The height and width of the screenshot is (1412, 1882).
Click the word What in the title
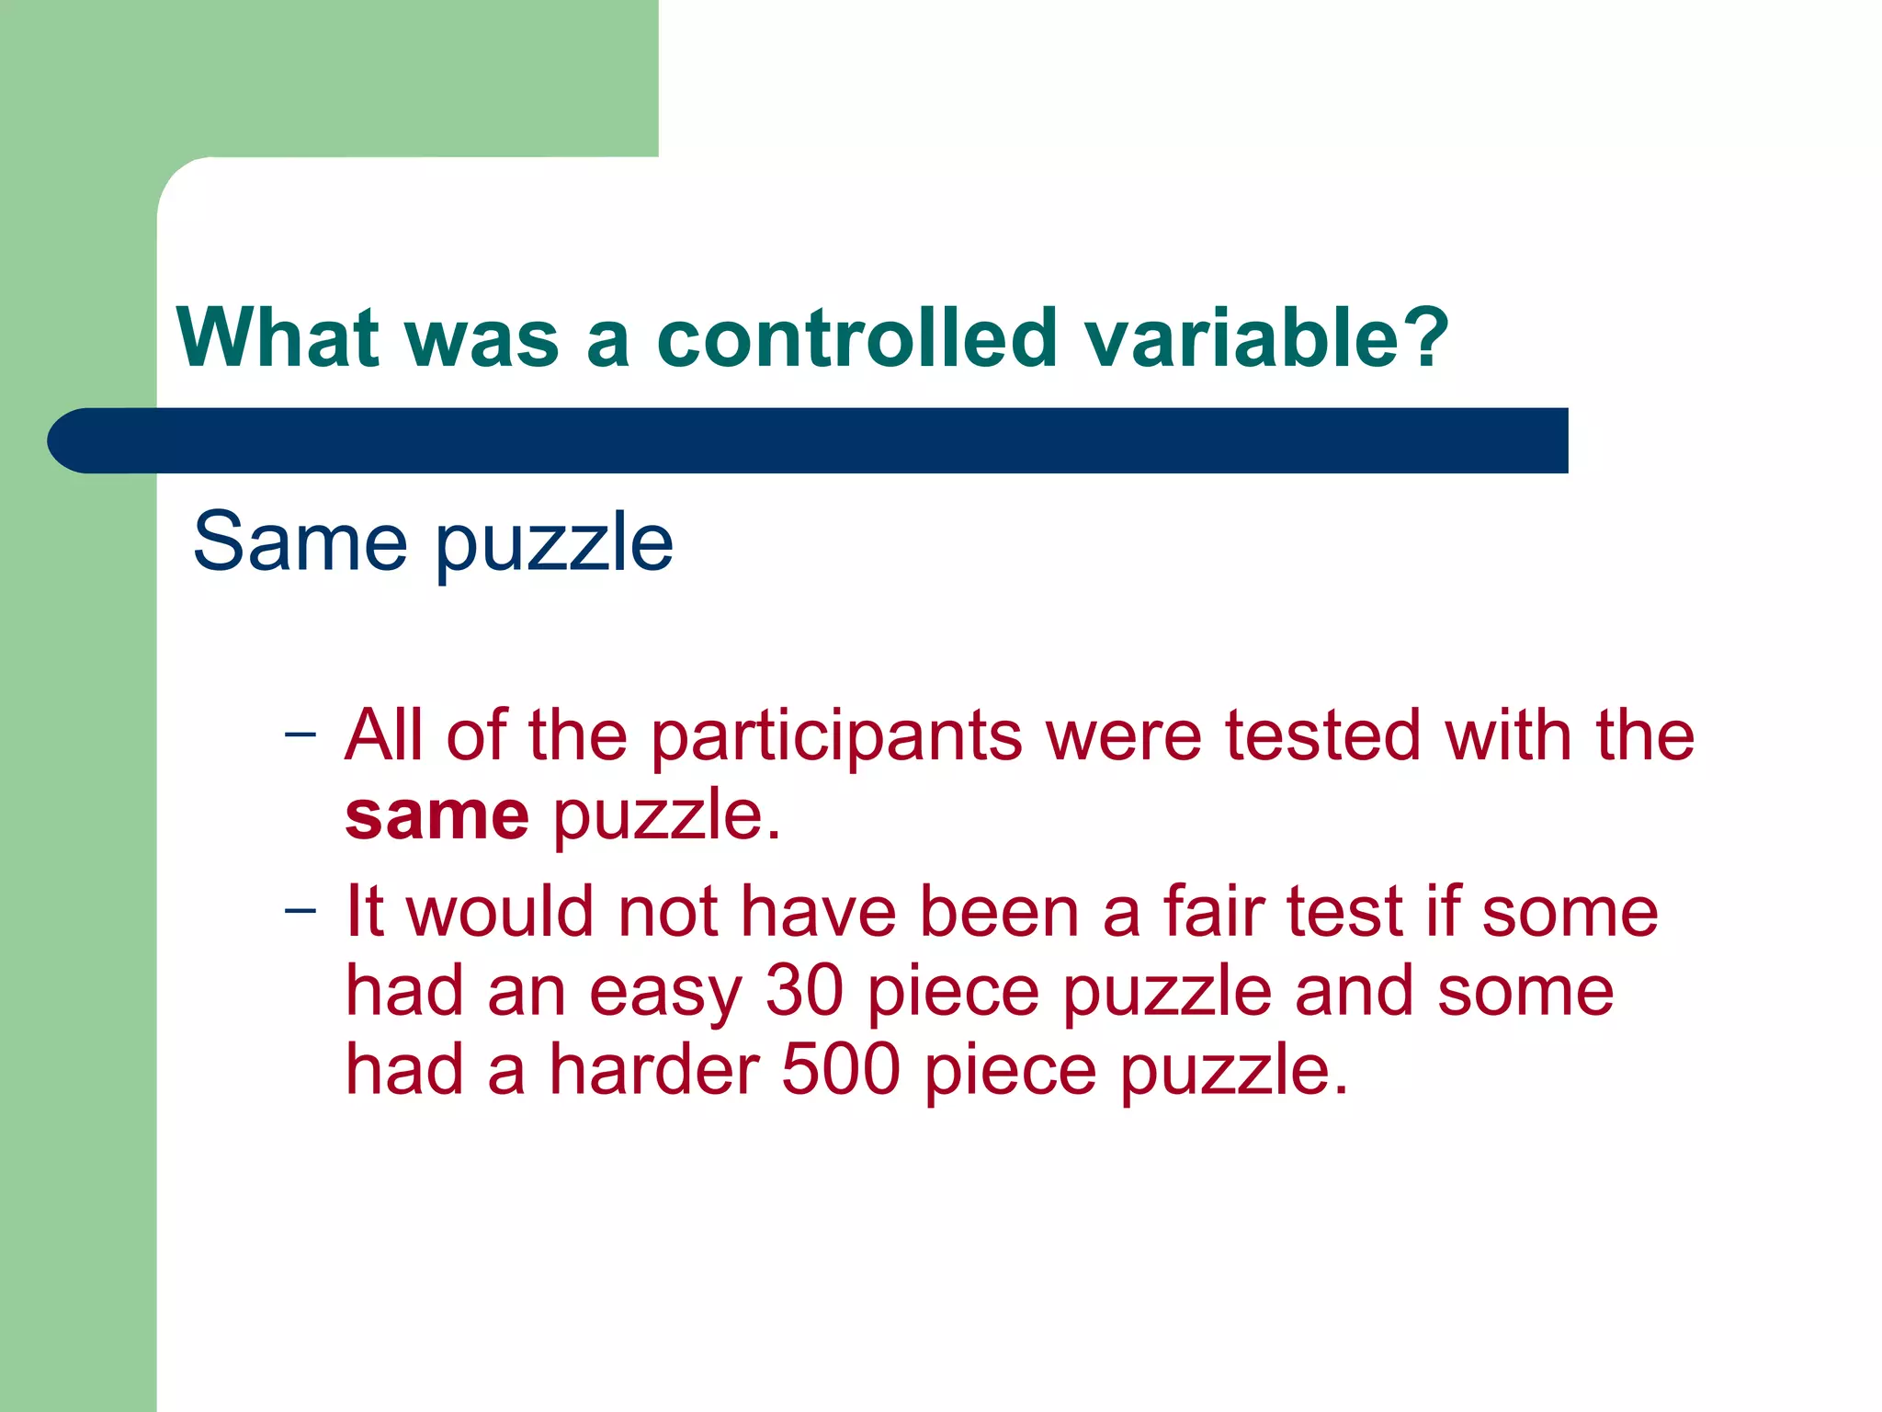[278, 337]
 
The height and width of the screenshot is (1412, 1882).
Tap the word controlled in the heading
[856, 337]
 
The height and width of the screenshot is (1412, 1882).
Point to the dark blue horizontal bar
[809, 440]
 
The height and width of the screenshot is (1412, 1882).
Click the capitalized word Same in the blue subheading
[300, 541]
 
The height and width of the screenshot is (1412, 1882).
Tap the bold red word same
[436, 816]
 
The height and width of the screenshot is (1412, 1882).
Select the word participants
[836, 738]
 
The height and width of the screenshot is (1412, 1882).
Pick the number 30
[804, 991]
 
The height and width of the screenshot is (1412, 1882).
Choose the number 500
[840, 1070]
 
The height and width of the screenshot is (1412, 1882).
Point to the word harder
[653, 1070]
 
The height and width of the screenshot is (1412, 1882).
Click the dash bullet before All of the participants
[300, 735]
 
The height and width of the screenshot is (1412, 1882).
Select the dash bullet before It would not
[300, 911]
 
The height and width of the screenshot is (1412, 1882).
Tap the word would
[501, 912]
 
